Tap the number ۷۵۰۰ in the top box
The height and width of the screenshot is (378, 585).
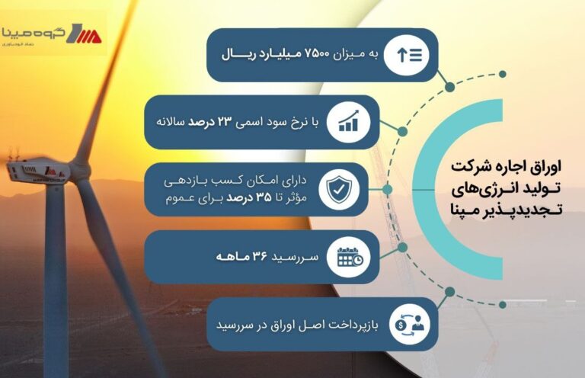317,55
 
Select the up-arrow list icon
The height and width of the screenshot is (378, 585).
407,55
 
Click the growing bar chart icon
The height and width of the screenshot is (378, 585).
348,121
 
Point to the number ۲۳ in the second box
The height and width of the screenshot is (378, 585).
225,122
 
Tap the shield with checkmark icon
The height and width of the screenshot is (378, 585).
339,188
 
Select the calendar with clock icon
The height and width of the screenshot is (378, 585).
350,257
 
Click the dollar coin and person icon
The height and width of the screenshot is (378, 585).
409,324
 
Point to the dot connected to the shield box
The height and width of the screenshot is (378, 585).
388,189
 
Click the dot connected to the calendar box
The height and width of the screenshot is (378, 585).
402,247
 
